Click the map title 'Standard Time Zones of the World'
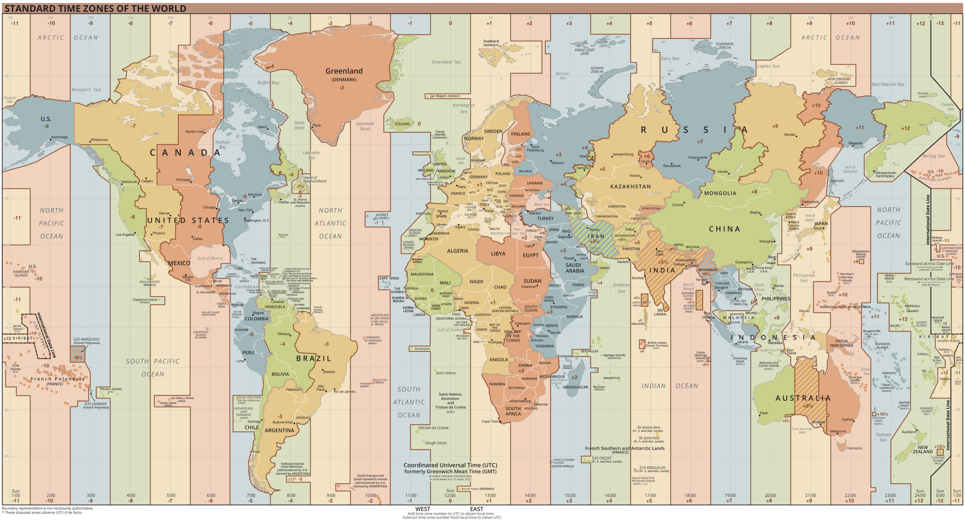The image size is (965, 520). pyautogui.click(x=95, y=8)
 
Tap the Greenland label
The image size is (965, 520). pyautogui.click(x=344, y=71)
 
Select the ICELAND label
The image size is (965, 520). pyautogui.click(x=402, y=124)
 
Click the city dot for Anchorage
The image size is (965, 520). pyautogui.click(x=51, y=139)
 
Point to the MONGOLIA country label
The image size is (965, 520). pyautogui.click(x=720, y=193)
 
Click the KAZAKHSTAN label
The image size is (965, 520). pyautogui.click(x=630, y=187)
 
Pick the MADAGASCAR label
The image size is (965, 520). pyautogui.click(x=575, y=387)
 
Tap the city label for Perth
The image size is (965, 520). pyautogui.click(x=764, y=413)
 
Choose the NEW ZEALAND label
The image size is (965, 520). pyautogui.click(x=922, y=450)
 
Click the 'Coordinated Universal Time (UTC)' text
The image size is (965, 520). pyautogui.click(x=450, y=465)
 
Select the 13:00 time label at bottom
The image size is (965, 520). pyautogui.click(x=490, y=496)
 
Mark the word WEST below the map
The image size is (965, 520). pyautogui.click(x=423, y=509)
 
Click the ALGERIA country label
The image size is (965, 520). pyautogui.click(x=457, y=251)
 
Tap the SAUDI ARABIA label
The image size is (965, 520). pyautogui.click(x=574, y=268)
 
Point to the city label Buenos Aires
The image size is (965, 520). pyautogui.click(x=282, y=422)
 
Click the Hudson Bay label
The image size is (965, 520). pyautogui.click(x=222, y=145)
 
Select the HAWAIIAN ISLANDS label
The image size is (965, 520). pyautogui.click(x=21, y=273)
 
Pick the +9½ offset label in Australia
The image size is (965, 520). pyautogui.click(x=807, y=406)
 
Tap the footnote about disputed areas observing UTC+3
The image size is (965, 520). pyautogui.click(x=42, y=512)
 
